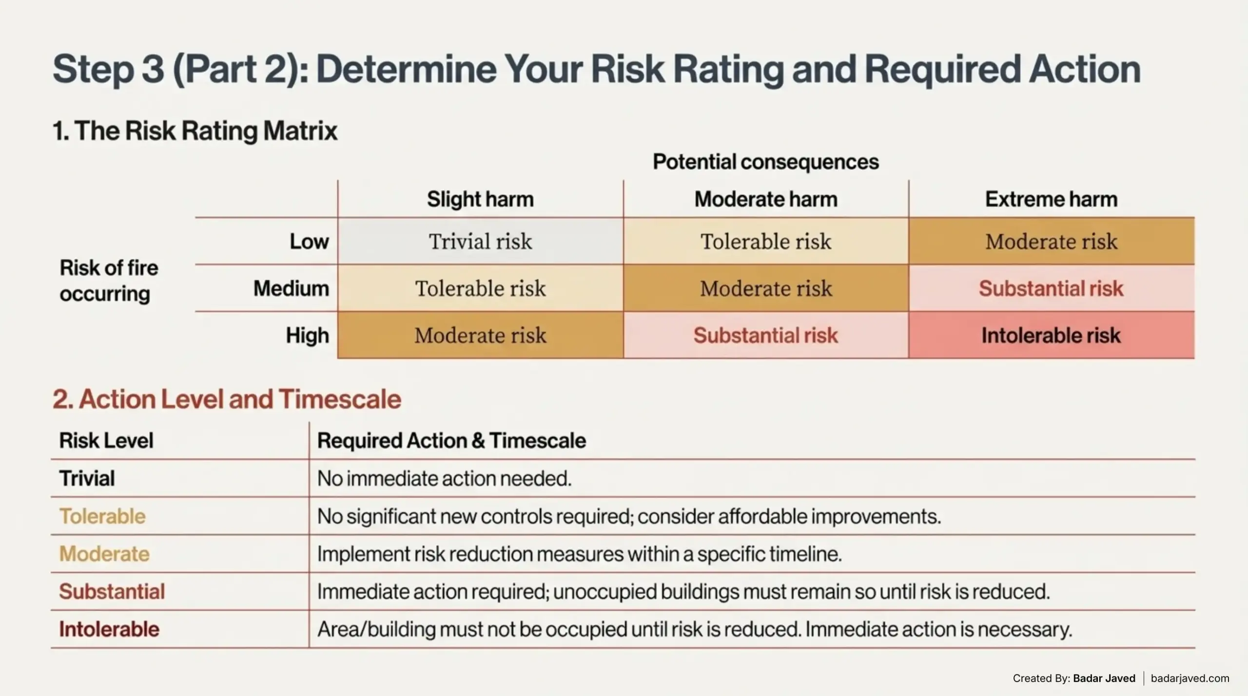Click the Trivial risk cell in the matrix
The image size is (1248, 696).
pos(480,242)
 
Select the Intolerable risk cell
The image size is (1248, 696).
pos(1051,336)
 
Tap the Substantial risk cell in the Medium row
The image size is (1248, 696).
pos(1051,288)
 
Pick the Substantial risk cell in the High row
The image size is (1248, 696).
pos(765,336)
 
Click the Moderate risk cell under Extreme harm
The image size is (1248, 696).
pos(1051,242)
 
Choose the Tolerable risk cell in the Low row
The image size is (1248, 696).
pos(765,242)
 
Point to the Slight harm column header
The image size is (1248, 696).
pos(480,199)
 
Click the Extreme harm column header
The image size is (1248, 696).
pos(1051,199)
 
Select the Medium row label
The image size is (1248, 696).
pos(291,288)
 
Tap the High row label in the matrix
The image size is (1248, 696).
pos(307,336)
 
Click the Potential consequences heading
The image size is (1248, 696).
pos(765,162)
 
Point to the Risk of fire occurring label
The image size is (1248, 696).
pos(109,281)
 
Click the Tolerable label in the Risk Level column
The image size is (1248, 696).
pos(102,516)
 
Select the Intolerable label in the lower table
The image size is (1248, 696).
pos(109,629)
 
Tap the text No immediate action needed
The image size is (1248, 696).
pos(444,479)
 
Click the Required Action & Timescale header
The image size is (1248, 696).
pos(451,441)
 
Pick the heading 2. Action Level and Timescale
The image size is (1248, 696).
pos(227,399)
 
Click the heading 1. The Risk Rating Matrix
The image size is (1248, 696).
pos(195,131)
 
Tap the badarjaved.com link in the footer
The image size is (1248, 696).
pos(1190,678)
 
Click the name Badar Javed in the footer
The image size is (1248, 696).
pos(1104,678)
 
